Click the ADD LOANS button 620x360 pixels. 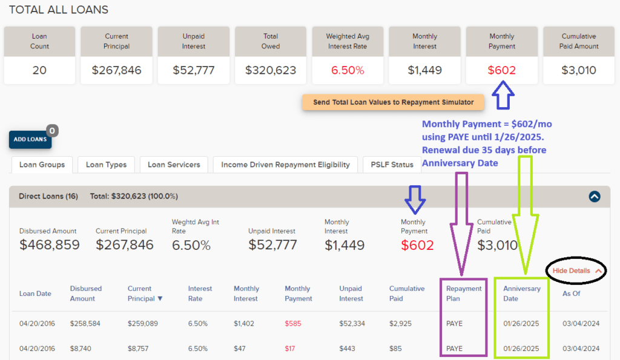(x=30, y=140)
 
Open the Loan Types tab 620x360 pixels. (x=106, y=165)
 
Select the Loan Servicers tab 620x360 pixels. (x=174, y=165)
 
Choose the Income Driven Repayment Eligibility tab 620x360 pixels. (x=285, y=165)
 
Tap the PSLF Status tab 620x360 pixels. (x=392, y=165)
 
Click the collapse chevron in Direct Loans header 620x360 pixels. (x=594, y=196)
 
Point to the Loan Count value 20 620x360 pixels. (x=39, y=70)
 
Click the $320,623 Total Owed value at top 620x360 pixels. (x=271, y=70)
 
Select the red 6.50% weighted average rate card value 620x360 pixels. (x=348, y=70)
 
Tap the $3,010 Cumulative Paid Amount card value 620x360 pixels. (x=578, y=70)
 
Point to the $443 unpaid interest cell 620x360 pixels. (x=348, y=349)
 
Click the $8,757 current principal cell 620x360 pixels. (x=142, y=349)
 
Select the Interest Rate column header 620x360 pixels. (x=200, y=293)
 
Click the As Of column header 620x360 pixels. (x=572, y=293)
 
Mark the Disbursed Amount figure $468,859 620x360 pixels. (x=48, y=245)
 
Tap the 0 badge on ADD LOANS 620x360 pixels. (x=52, y=131)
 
